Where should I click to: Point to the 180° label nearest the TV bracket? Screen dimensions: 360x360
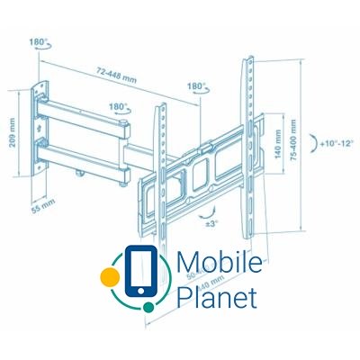pyautogui.click(x=196, y=87)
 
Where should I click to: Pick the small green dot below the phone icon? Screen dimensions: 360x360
pyautogui.click(x=147, y=306)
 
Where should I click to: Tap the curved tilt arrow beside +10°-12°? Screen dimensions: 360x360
pyautogui.click(x=313, y=143)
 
